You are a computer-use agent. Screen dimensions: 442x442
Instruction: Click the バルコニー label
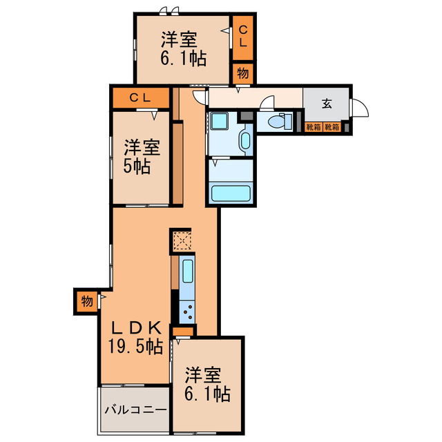135,410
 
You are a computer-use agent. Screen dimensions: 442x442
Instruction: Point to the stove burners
187,311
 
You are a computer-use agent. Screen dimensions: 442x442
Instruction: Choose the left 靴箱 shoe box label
314,127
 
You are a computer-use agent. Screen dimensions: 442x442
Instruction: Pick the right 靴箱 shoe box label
332,127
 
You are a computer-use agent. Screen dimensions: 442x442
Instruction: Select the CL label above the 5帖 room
141,98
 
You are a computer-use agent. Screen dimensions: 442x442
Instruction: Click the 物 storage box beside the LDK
86,301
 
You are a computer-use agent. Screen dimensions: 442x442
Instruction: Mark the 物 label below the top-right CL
242,73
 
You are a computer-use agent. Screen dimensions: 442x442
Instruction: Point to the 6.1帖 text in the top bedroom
183,59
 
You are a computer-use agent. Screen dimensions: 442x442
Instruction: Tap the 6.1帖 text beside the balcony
207,394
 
